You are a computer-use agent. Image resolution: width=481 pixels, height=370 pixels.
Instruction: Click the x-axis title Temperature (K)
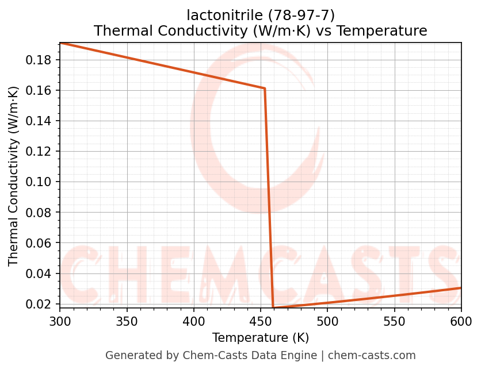[x=260, y=338]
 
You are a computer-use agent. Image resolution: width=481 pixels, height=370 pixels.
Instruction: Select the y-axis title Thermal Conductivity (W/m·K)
[x=14, y=176]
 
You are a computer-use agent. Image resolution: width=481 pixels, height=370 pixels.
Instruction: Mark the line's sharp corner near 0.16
[x=265, y=88]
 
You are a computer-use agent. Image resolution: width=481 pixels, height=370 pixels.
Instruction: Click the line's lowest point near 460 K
[x=273, y=308]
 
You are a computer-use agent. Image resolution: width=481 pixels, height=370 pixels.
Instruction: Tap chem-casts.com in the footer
[x=372, y=356]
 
